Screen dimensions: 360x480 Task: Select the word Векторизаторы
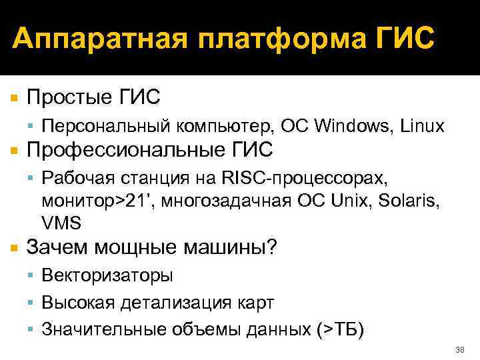click(107, 275)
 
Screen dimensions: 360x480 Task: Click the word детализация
click(179, 302)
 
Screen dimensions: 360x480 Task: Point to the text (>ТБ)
click(339, 329)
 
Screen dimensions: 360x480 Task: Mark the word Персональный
click(105, 125)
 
